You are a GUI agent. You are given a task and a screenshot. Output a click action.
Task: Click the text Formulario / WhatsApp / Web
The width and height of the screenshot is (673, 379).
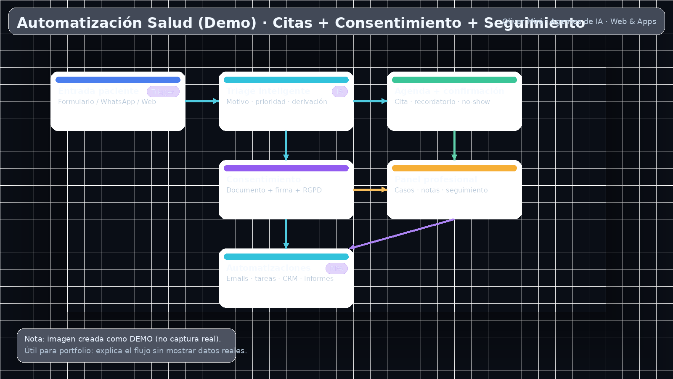tap(107, 102)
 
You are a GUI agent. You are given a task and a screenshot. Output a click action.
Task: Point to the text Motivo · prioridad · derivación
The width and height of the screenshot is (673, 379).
tap(276, 102)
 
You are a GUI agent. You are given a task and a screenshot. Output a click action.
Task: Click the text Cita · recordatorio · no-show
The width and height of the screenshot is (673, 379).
tap(442, 102)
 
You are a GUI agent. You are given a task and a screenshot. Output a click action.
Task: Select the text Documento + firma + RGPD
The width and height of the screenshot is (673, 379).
tap(274, 190)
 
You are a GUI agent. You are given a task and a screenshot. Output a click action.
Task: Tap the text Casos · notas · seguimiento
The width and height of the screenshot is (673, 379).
tap(441, 190)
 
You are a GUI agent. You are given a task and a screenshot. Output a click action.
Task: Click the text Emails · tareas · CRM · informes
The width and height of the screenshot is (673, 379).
tap(280, 279)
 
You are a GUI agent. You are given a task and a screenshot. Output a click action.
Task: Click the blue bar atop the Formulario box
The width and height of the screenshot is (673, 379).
tap(118, 80)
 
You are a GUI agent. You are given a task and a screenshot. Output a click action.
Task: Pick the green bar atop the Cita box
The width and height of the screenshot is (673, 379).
tap(454, 80)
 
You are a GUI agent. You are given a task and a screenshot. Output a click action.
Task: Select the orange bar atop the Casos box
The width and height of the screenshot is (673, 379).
tap(454, 168)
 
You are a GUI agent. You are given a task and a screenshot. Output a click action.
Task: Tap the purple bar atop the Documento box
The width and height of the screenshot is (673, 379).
tap(286, 168)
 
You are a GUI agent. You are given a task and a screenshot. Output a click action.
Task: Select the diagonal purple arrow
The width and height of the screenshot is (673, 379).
tap(402, 234)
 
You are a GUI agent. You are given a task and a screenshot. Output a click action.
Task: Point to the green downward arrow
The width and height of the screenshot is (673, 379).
tap(454, 145)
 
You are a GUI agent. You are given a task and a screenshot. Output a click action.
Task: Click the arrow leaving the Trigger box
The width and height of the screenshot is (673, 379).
tap(202, 101)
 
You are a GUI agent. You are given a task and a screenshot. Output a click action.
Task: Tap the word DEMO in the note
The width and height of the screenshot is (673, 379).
tap(141, 339)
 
